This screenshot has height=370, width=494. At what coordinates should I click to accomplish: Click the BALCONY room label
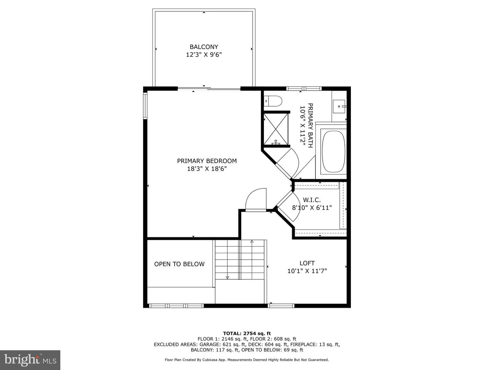pyautogui.click(x=204, y=47)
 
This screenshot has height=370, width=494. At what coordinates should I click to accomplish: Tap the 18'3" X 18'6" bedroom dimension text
pyautogui.click(x=207, y=169)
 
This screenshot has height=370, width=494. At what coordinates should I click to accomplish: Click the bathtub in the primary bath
pyautogui.click(x=333, y=151)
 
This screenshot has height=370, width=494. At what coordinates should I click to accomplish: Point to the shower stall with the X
pyautogui.click(x=276, y=129)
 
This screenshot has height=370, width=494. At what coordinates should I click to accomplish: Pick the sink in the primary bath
pyautogui.click(x=339, y=107)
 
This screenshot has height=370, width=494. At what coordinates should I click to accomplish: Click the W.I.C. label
pyautogui.click(x=312, y=200)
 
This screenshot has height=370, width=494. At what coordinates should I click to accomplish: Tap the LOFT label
pyautogui.click(x=307, y=263)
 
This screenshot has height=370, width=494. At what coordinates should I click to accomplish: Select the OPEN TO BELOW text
pyautogui.click(x=179, y=264)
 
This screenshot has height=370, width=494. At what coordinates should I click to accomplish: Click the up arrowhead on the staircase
pyautogui.click(x=252, y=242)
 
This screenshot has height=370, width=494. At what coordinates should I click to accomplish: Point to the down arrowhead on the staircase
pyautogui.click(x=227, y=277)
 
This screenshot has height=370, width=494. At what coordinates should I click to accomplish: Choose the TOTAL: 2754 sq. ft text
pyautogui.click(x=247, y=333)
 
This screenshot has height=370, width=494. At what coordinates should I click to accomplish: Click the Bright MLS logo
pyautogui.click(x=30, y=360)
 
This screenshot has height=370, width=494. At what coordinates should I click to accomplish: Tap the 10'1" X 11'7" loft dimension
pyautogui.click(x=307, y=271)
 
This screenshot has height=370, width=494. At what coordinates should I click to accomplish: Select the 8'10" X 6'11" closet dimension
pyautogui.click(x=312, y=208)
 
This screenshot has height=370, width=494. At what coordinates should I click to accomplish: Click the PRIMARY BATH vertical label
pyautogui.click(x=310, y=125)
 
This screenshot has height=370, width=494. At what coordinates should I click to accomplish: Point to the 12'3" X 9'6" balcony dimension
pyautogui.click(x=204, y=54)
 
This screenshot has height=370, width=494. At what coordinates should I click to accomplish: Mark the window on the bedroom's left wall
pyautogui.click(x=145, y=106)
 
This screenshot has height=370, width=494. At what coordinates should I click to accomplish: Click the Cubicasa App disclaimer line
pyautogui.click(x=247, y=360)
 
